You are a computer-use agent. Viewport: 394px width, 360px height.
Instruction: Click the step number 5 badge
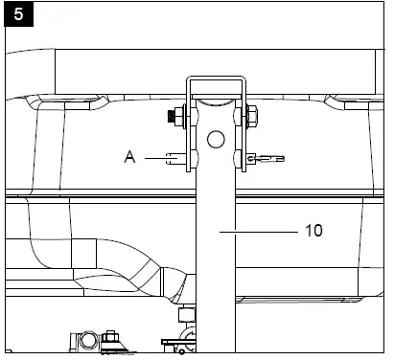click(18, 14)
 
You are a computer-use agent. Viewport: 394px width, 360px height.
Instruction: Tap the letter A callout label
click(129, 157)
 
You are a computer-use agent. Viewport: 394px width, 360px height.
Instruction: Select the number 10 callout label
click(313, 231)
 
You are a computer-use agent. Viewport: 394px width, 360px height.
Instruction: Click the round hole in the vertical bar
click(216, 140)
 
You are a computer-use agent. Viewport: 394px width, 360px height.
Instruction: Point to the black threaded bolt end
click(171, 117)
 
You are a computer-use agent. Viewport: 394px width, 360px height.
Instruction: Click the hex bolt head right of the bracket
click(252, 116)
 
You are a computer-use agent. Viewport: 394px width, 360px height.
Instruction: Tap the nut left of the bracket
click(179, 117)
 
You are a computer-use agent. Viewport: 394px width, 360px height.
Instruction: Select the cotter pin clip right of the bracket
click(266, 158)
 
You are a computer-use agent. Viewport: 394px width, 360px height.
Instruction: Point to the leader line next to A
click(155, 158)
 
